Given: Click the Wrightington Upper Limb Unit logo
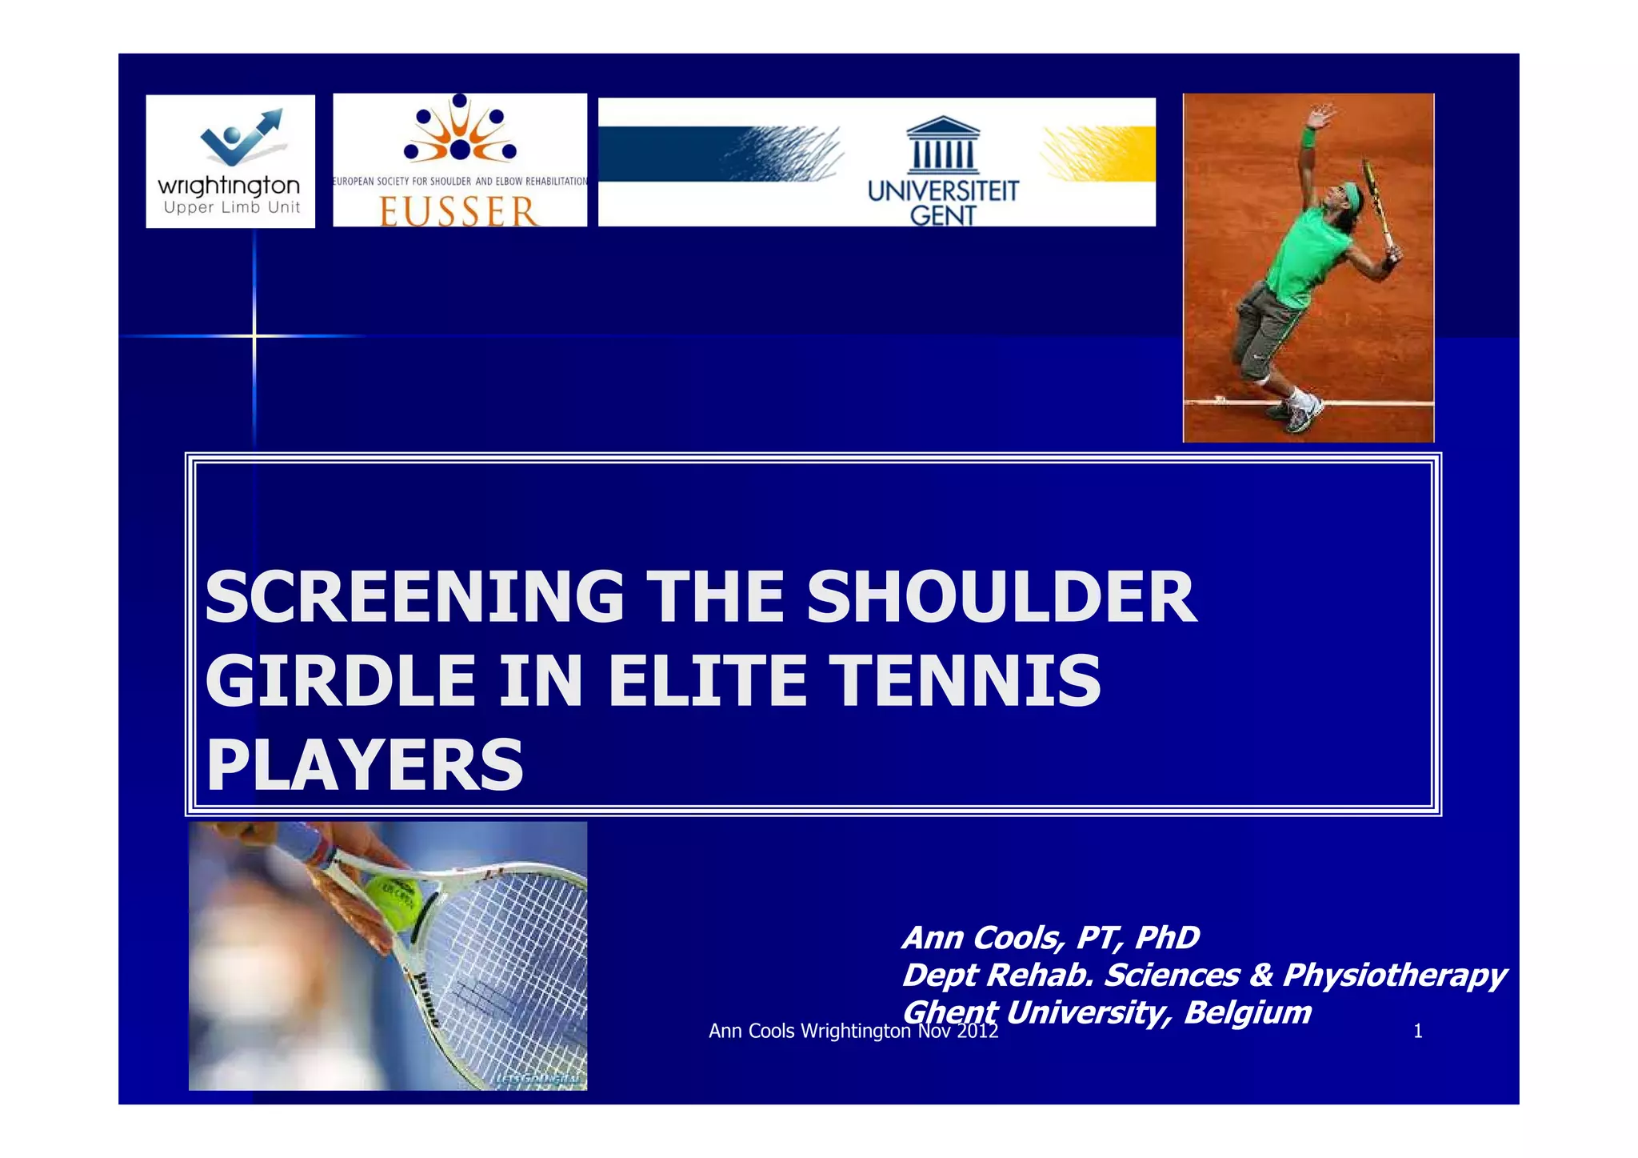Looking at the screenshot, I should point(230,162).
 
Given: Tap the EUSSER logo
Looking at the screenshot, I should point(460,160).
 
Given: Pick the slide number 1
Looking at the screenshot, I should point(1418,1032).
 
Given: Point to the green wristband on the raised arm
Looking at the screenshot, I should point(1308,137).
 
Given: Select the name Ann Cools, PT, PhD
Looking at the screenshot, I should point(1050,938).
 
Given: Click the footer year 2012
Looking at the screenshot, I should point(977,1032).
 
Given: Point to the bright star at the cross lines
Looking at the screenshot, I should point(254,336).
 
